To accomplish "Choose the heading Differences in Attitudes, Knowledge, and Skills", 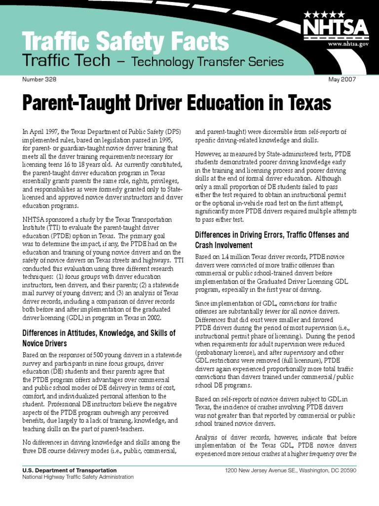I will [99, 334].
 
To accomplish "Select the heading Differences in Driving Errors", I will [272, 235].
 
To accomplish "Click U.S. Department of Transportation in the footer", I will [70, 470].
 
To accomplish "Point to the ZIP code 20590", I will [346, 470].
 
